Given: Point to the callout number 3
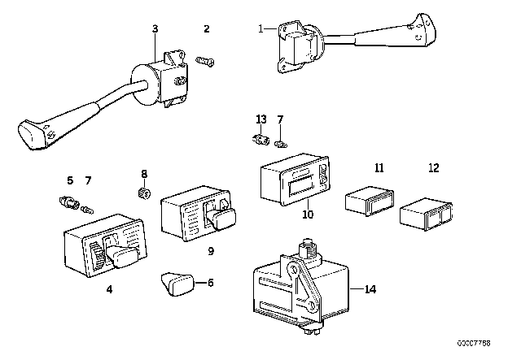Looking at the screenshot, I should pyautogui.click(x=155, y=29).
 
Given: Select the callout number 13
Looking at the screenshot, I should pyautogui.click(x=261, y=119).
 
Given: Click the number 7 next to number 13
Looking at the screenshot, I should pyautogui.click(x=280, y=119).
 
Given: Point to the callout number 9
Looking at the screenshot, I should pyautogui.click(x=210, y=251).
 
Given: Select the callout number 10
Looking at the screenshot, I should pyautogui.click(x=308, y=215).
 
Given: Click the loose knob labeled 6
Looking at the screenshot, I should pyautogui.click(x=177, y=284).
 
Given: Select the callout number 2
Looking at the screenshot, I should pyautogui.click(x=206, y=29).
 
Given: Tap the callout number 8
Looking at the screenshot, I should pyautogui.click(x=145, y=173).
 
